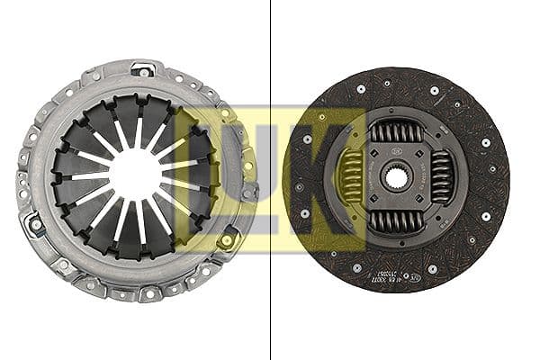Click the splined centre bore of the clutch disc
[397, 178]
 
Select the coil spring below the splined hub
[396, 221]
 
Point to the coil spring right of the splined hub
[441, 177]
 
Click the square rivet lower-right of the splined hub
[429, 212]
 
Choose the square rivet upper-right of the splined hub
[429, 144]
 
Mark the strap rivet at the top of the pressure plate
[141, 69]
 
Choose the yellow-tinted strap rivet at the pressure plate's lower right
[226, 238]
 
